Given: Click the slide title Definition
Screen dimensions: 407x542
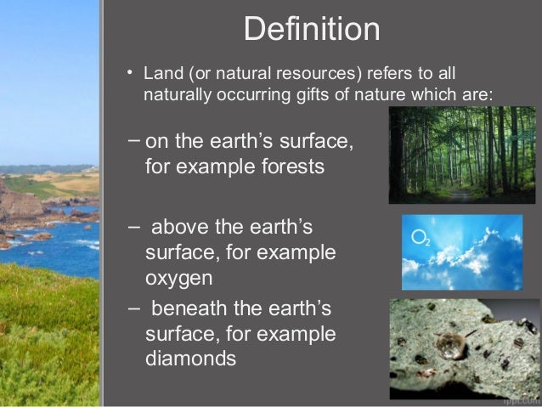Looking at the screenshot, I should pyautogui.click(x=311, y=31).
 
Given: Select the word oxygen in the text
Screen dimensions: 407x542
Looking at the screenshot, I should pyautogui.click(x=178, y=278).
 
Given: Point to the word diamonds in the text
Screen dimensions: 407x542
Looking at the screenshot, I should pyautogui.click(x=190, y=359).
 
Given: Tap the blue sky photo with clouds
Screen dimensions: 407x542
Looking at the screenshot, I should pyautogui.click(x=461, y=252).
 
